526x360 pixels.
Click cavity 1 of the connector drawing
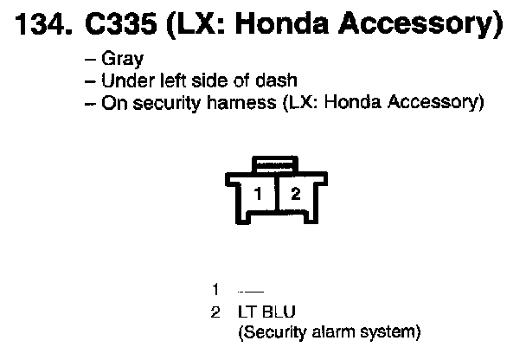257,194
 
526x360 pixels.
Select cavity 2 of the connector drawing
294,194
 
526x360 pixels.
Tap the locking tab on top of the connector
275,164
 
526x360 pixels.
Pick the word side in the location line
199,81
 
